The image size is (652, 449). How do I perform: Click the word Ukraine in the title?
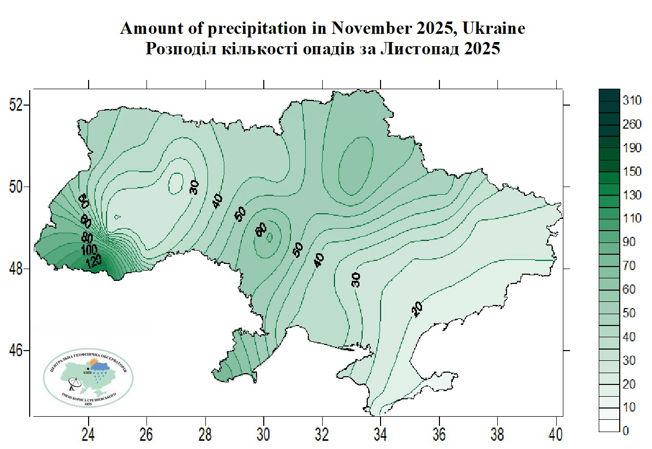click(x=494, y=29)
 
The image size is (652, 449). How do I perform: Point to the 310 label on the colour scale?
click(x=632, y=100)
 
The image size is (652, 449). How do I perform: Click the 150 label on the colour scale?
click(x=632, y=172)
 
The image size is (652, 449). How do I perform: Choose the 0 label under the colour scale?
click(x=625, y=431)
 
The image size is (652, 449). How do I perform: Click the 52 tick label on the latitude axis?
click(x=17, y=105)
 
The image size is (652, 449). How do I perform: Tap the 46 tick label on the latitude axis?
click(x=17, y=351)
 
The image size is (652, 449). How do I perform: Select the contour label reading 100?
click(x=90, y=250)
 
